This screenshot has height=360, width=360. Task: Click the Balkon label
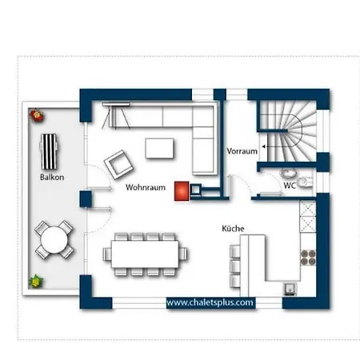(x=52, y=178)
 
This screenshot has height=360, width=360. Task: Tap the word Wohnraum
(x=146, y=187)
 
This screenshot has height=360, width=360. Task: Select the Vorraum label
(x=242, y=151)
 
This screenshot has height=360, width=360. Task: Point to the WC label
(x=290, y=186)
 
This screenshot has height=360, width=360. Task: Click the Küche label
(x=233, y=229)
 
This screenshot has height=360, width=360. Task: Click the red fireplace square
(x=182, y=191)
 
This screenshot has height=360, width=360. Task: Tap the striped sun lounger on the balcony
(x=49, y=152)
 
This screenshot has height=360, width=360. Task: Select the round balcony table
(x=54, y=240)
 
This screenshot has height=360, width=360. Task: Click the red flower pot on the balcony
(x=37, y=115)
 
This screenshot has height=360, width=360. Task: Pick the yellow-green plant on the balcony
(x=36, y=282)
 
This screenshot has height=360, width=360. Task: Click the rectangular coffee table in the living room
(x=159, y=148)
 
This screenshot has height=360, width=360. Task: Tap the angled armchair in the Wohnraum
(x=118, y=165)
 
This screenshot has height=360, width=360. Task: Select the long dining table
(x=145, y=254)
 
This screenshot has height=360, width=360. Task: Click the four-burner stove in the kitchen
(x=308, y=258)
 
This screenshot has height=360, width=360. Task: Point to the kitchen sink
(x=290, y=289)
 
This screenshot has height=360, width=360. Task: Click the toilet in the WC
(x=305, y=182)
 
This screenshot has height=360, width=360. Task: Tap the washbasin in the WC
(x=288, y=173)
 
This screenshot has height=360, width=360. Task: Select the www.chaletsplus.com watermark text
(x=210, y=302)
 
